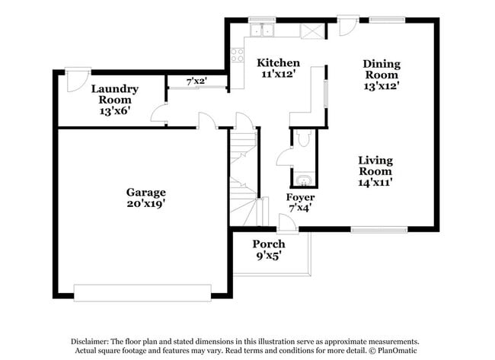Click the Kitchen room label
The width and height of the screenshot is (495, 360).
pos(278,62)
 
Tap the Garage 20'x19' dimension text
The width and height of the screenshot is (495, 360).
pos(146,204)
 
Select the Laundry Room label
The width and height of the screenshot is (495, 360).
pos(114,94)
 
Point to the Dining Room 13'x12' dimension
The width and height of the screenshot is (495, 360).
pos(382,85)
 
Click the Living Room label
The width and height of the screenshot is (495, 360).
pos(375,166)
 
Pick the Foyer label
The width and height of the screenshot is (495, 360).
pos(300,197)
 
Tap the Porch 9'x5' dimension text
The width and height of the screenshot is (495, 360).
pos(269,255)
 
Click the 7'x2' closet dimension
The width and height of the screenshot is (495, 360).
pos(196,81)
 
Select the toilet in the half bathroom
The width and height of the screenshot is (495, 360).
pos(304,138)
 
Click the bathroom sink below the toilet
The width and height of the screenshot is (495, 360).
pos(304,180)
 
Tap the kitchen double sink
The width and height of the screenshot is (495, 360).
pos(262,30)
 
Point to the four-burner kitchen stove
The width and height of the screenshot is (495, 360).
pos(237,55)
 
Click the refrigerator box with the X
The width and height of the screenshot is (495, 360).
pos(312,31)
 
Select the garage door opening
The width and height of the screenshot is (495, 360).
pos(142,293)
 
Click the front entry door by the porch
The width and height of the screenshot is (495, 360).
pos(287,224)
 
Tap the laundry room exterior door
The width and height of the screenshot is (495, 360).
pos(78,79)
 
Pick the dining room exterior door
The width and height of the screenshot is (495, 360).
pos(347,25)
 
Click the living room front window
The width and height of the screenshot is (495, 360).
pos(379,230)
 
